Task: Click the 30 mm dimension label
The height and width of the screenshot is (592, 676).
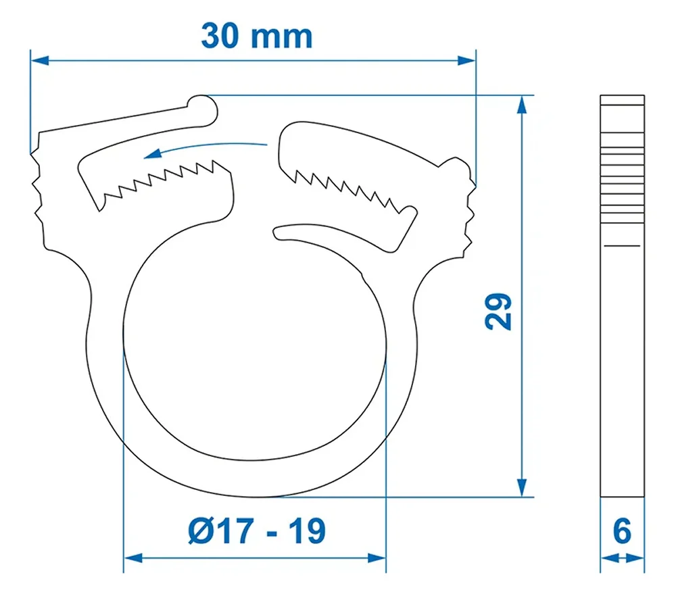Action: point(256,36)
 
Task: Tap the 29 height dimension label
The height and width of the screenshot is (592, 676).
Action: point(498,312)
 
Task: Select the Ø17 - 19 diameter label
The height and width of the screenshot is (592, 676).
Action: point(257,531)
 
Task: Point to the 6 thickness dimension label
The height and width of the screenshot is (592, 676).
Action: point(622,531)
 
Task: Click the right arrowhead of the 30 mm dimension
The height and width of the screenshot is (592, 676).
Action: point(466,60)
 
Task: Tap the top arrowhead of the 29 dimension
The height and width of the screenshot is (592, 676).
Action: point(522,104)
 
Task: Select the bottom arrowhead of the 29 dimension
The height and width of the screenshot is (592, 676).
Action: point(522,488)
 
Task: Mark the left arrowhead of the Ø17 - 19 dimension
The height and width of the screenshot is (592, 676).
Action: point(133,558)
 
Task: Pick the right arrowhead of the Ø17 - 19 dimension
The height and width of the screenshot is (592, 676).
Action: point(377,558)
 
